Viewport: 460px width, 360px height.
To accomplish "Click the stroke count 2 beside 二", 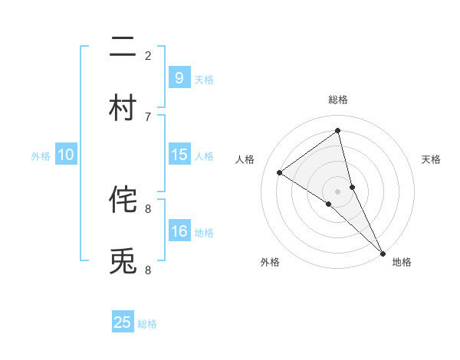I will [x=148, y=55].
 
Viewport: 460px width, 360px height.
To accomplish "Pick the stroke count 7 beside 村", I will [x=148, y=116].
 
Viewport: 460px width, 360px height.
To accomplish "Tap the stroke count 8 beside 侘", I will [x=148, y=208].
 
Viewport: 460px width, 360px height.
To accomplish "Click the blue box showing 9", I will [x=179, y=77].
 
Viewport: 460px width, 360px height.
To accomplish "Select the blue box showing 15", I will [x=179, y=155].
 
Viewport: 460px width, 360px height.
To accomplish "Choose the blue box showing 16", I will [x=179, y=231].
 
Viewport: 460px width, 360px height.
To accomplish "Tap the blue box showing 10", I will [x=66, y=155].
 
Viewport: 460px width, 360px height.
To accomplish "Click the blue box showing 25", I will [x=123, y=322].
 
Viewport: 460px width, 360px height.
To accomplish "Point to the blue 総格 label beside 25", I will [x=147, y=324].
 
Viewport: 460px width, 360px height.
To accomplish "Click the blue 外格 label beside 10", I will [x=41, y=156].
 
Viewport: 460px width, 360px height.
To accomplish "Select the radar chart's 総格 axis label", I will [x=338, y=100].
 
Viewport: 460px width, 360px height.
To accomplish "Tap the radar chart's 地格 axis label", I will [x=402, y=262].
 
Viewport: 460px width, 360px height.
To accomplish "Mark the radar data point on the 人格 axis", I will [x=279, y=172].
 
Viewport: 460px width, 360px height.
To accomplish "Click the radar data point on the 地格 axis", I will [x=383, y=252].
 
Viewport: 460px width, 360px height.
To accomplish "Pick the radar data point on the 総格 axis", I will [x=338, y=130].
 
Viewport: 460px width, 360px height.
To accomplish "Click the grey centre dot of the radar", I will [x=338, y=191].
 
